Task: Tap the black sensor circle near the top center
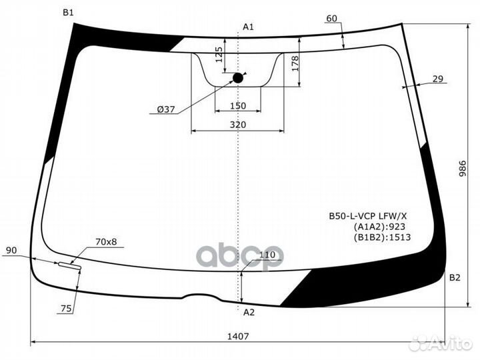pos(238,78)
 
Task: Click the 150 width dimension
pos(237,106)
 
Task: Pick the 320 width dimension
pos(237,125)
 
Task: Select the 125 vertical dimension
pos(219,53)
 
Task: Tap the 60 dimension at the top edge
pos(332,19)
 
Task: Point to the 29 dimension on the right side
pos(437,79)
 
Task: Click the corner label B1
pos(68,13)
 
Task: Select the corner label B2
pos(455,277)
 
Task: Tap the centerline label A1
pos(248,27)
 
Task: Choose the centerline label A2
pos(248,312)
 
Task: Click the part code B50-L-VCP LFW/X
pos(368,216)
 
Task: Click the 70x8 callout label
pos(106,241)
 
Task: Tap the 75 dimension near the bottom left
pos(66,308)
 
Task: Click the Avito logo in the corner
pos(441,343)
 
